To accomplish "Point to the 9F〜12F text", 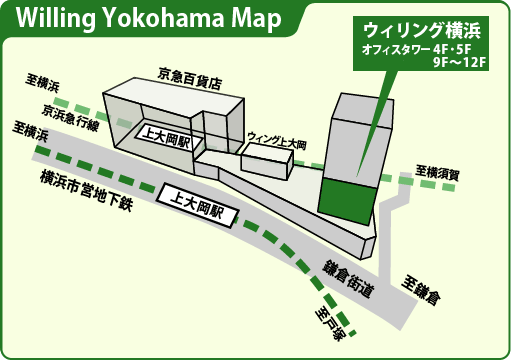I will point(459,63).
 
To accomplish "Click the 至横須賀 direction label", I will point(437,173).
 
